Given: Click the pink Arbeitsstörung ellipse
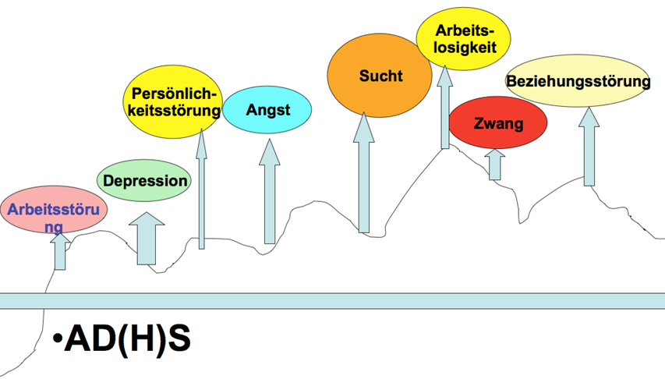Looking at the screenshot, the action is (54, 209).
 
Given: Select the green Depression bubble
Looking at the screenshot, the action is (144, 181).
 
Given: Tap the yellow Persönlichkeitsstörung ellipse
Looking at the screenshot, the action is (173, 102).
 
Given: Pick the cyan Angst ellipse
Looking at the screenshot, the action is (267, 110).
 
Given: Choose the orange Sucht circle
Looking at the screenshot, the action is (380, 76).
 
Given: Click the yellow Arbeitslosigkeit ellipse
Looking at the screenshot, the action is (464, 39).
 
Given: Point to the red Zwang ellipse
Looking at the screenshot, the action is (498, 122).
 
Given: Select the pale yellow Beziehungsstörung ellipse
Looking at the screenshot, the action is (578, 80).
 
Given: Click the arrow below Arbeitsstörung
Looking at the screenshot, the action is (60, 251).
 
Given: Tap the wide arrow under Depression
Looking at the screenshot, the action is (147, 239).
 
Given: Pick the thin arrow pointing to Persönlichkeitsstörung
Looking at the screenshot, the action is (202, 189).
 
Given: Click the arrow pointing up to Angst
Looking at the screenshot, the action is (270, 191).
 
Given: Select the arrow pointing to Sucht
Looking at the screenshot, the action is (364, 173).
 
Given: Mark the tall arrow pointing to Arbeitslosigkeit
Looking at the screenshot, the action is (445, 107).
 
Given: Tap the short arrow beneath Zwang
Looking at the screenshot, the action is (494, 165).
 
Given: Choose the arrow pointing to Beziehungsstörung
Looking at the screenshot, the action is (589, 147).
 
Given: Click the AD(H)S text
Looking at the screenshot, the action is (127, 338).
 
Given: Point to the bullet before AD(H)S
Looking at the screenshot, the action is (58, 338).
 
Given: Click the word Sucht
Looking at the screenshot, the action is (381, 76).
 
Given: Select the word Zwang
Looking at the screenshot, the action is (498, 123).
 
